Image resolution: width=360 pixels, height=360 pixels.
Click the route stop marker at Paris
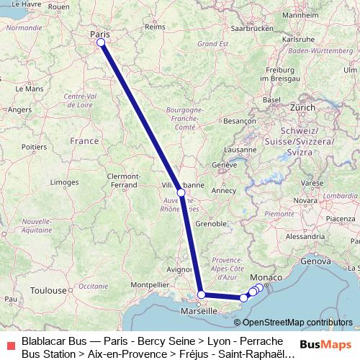101,42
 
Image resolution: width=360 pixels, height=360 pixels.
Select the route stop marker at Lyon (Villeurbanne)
181,192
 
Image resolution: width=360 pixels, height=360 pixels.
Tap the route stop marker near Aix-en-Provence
202,294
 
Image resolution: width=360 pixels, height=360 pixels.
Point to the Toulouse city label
48,291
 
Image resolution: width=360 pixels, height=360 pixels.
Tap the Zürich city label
302,107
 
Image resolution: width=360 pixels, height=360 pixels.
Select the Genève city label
224,165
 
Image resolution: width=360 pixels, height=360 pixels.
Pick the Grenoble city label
211,224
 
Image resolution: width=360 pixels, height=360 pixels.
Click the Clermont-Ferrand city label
122,180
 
